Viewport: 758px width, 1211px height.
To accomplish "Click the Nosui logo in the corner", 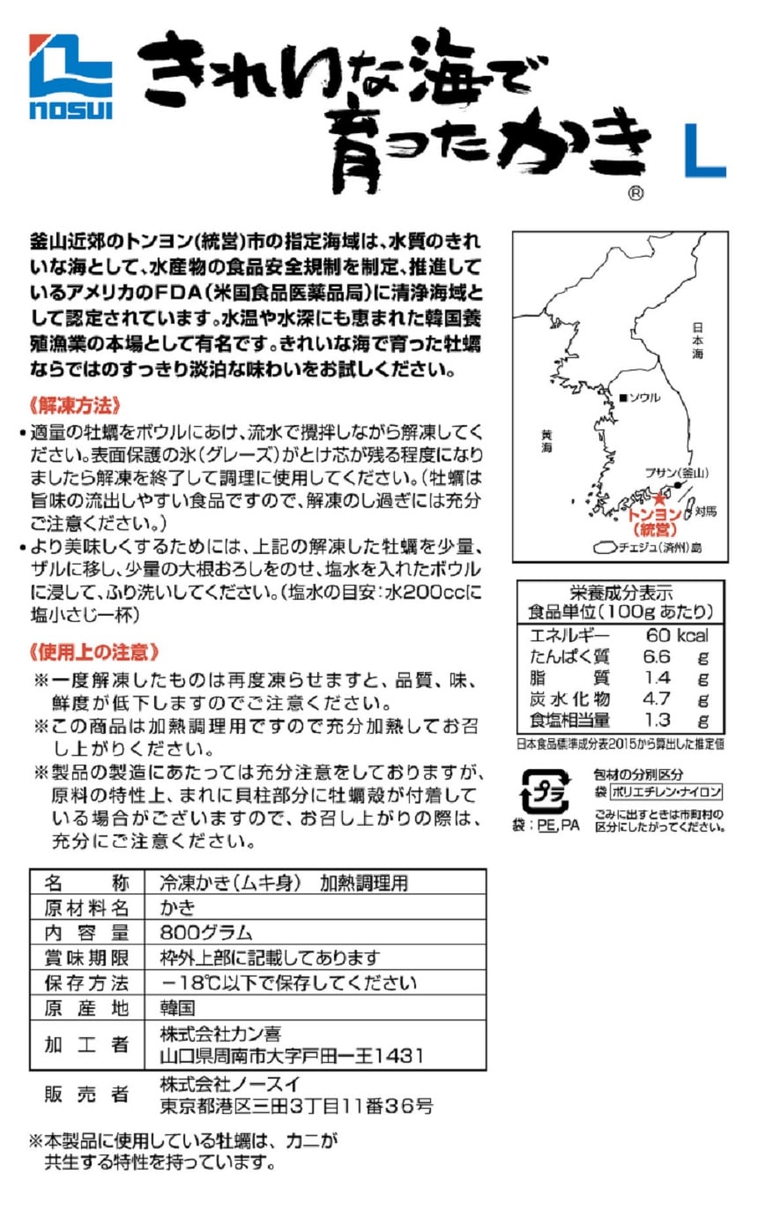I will click(x=71, y=77).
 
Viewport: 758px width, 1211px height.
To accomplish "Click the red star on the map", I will click(x=658, y=499).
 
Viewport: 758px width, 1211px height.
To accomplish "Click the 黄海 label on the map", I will click(x=547, y=440).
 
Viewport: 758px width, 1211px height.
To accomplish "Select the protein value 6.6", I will click(x=658, y=657).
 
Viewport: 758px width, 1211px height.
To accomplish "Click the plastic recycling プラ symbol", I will click(x=546, y=792).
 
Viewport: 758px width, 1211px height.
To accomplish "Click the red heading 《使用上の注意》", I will click(x=94, y=652).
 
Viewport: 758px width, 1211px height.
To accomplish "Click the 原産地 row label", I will click(x=86, y=1007).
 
